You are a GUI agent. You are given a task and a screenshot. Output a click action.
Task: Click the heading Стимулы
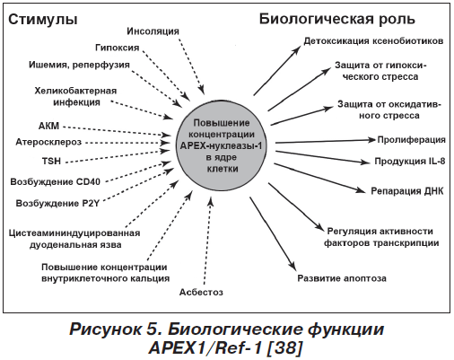43,20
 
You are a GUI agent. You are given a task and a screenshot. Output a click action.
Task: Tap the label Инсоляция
153,31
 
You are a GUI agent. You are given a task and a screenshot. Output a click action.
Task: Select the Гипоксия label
118,48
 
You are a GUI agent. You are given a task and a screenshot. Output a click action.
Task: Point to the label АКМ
48,126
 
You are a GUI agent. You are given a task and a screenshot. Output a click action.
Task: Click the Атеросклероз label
48,142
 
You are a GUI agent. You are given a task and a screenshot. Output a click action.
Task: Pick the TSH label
51,161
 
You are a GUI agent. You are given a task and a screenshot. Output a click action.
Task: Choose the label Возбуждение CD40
56,181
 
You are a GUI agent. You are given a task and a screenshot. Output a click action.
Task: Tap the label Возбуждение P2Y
57,204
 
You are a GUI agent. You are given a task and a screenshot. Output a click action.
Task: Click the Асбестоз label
201,292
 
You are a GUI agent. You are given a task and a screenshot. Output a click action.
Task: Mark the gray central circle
222,145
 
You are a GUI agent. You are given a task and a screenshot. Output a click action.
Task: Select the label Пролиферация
411,140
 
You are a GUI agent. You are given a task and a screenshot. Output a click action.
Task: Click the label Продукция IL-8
410,162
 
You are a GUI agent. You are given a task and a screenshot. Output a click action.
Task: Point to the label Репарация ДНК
407,191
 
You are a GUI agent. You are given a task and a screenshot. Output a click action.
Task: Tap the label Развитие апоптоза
342,278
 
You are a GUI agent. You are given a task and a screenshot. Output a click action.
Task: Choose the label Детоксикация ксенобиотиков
373,41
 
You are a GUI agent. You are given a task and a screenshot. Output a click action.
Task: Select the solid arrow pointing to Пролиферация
325,141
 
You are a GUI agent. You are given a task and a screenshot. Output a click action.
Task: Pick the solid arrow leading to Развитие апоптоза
273,233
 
